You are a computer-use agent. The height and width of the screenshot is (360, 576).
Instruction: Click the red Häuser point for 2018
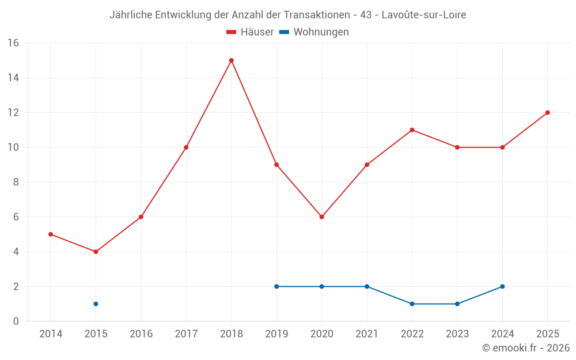tap(232, 60)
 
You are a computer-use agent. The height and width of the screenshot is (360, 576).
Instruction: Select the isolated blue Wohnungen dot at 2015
tap(96, 304)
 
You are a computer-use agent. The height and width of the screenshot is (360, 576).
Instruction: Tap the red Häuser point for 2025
tap(548, 112)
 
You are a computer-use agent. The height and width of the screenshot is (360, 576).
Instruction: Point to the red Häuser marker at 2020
tap(322, 217)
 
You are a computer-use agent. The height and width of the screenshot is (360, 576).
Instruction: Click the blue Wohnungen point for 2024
tap(502, 286)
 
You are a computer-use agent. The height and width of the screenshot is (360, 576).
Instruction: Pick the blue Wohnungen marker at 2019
tap(276, 286)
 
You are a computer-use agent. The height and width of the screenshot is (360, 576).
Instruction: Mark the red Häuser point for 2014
tap(51, 234)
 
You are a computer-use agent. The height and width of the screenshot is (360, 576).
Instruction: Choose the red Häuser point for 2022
tap(412, 130)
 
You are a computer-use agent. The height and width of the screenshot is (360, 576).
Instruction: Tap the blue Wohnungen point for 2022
tap(412, 304)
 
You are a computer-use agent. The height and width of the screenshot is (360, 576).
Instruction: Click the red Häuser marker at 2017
tap(186, 147)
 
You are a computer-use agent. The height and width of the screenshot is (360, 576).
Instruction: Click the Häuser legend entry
tap(250, 32)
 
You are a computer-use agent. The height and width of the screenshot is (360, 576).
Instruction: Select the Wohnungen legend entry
tap(314, 32)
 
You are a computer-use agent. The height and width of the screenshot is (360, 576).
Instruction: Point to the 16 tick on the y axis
tap(13, 43)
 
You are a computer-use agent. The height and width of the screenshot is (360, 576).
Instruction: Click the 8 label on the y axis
tap(16, 182)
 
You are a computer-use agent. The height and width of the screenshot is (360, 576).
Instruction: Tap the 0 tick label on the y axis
tap(16, 321)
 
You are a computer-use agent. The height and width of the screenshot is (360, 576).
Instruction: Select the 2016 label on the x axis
tap(141, 334)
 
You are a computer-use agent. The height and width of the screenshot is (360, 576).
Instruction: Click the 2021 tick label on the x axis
tap(367, 334)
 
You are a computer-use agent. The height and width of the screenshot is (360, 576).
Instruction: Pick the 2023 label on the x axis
tap(457, 334)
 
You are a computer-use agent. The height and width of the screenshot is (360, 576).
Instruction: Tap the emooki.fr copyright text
tap(526, 347)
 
